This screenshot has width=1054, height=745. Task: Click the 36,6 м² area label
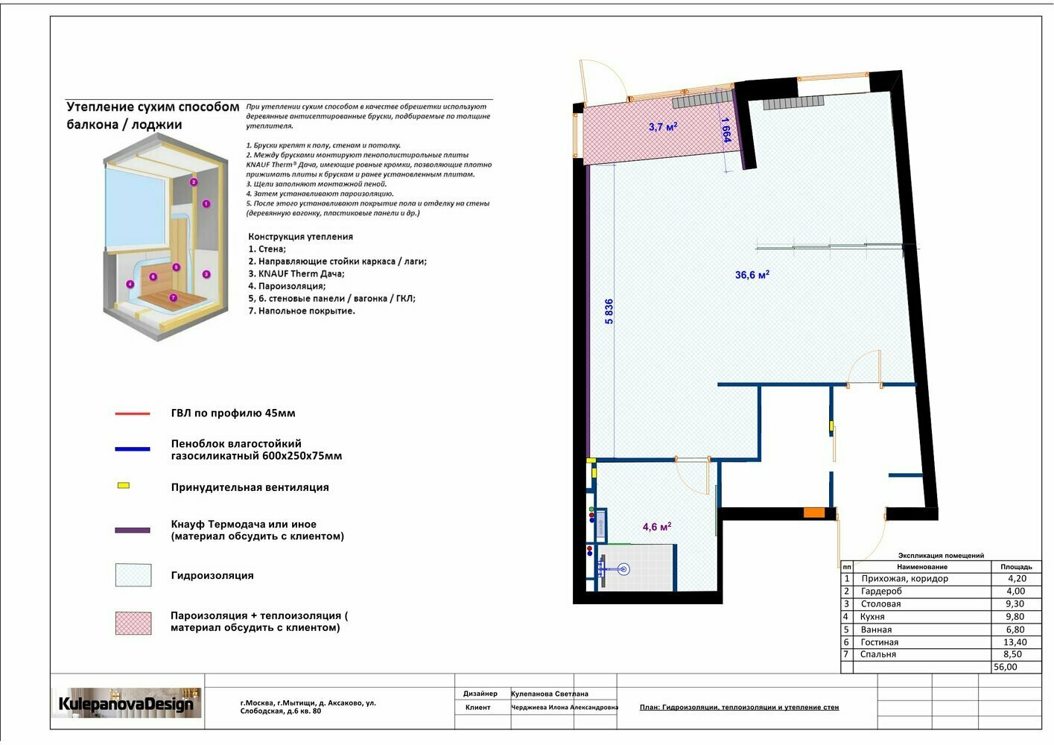tap(752, 274)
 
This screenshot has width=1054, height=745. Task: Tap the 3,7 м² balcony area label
tap(663, 126)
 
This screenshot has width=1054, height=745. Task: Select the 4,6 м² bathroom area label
tap(657, 526)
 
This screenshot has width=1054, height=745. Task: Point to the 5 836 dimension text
tap(609, 311)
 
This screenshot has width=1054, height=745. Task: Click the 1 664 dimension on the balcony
tap(726, 130)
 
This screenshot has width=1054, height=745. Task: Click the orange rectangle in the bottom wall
tap(813, 513)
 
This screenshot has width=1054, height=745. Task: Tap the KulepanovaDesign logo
tap(126, 703)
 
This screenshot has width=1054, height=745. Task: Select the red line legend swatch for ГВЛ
tap(133, 413)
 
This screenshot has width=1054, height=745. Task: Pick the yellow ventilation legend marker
tap(124, 485)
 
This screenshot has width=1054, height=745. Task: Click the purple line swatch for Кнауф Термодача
tap(133, 530)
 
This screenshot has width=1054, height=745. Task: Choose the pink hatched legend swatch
tap(133, 623)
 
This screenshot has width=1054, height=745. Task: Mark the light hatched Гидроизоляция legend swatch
tap(133, 574)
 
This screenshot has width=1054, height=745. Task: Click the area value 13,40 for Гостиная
tap(1015, 642)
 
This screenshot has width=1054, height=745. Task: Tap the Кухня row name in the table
tap(872, 617)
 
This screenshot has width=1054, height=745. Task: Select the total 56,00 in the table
tap(1005, 667)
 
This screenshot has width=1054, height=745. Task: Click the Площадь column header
tap(1016, 567)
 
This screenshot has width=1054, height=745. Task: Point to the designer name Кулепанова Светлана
tap(550, 694)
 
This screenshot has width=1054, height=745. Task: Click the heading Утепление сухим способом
tap(153, 107)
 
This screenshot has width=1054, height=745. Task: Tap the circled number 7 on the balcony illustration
tap(173, 297)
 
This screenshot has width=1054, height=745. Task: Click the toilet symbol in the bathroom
tap(614, 570)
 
